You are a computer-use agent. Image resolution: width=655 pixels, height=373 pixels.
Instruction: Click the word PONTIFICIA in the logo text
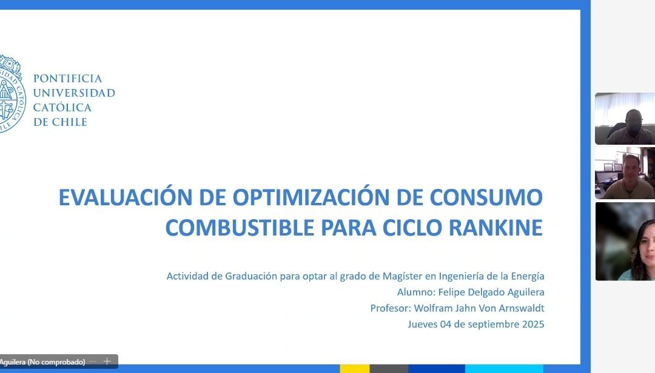67,79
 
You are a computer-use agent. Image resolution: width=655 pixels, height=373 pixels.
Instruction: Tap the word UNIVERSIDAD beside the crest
73,93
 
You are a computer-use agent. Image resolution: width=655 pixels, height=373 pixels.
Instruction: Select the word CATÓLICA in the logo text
62,108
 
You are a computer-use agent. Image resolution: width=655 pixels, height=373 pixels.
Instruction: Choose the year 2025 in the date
532,324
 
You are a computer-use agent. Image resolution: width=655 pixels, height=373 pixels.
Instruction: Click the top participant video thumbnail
625,119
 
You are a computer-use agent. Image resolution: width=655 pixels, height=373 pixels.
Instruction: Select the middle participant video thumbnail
625,173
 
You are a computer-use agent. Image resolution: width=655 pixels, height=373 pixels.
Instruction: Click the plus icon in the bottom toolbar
107,361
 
